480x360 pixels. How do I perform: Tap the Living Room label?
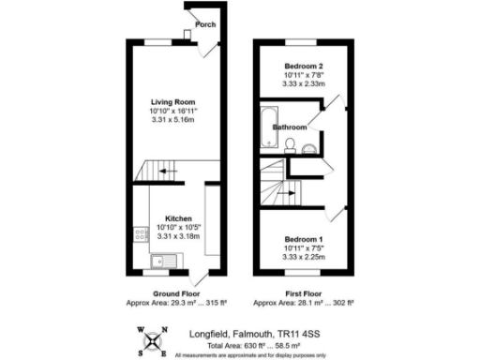pyautogui.click(x=172, y=101)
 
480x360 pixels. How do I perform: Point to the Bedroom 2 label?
pyautogui.click(x=304, y=67)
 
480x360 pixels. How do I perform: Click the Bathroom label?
pyautogui.click(x=290, y=127)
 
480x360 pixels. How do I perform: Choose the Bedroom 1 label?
pyautogui.click(x=304, y=240)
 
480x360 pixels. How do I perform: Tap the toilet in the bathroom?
pyautogui.click(x=292, y=144)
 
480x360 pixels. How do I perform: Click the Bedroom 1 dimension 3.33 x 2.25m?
pyautogui.click(x=304, y=256)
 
